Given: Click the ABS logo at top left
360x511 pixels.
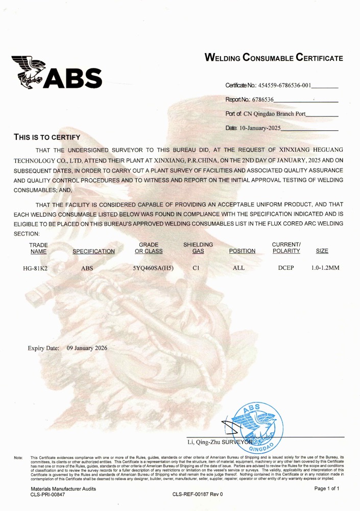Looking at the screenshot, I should (x=58, y=72).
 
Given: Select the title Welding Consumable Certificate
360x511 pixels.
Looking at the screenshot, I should (x=273, y=58).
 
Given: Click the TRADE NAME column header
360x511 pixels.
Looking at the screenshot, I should (x=38, y=248).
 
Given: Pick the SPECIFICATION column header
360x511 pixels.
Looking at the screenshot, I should (x=94, y=251).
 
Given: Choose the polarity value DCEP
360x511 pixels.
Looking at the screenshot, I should (x=286, y=268).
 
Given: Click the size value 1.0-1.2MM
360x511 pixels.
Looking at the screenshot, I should (x=325, y=268).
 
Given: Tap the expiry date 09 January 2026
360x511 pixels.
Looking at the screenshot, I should (x=87, y=348).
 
